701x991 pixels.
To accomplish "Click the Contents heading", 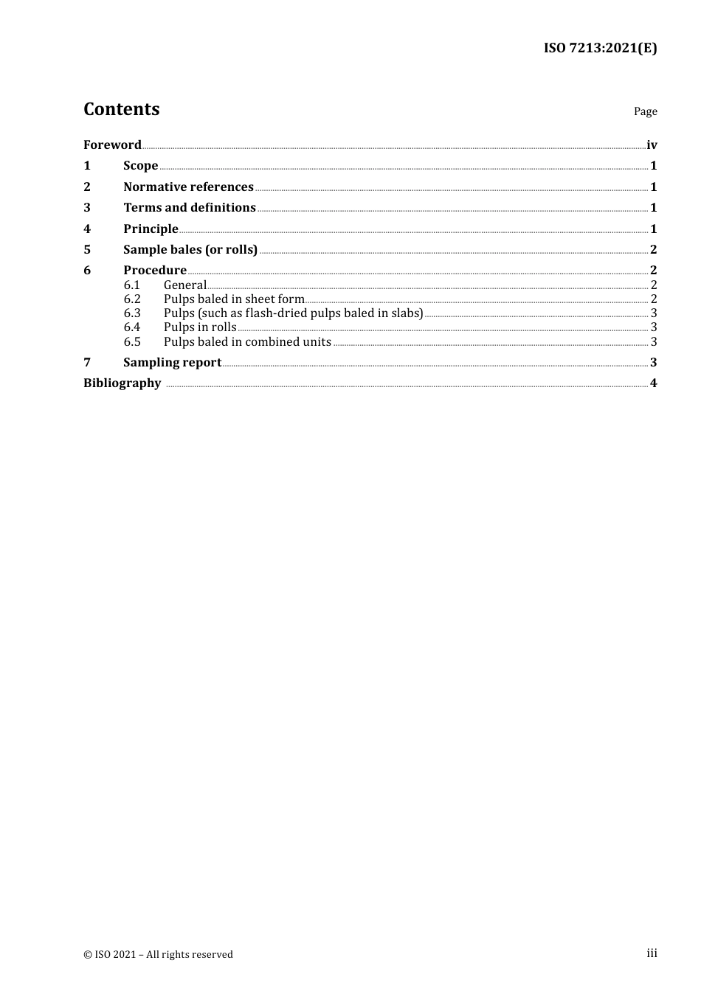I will (121, 109).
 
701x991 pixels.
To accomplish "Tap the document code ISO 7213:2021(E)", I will (600, 48).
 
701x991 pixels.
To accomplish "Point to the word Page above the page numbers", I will (645, 111).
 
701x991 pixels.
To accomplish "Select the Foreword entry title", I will (112, 145).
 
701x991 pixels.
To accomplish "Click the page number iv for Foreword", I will (652, 145).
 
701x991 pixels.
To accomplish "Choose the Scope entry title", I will (140, 166).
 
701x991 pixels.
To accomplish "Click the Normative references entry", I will (188, 187).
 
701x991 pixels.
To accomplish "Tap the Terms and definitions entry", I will (190, 208).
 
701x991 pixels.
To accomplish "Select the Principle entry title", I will (151, 229).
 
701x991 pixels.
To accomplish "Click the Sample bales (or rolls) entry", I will (190, 249).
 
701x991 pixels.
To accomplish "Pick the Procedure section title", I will (155, 270).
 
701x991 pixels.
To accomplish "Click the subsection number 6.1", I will (132, 285).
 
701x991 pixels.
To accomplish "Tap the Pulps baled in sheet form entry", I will (234, 299).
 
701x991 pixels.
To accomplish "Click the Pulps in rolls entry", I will (200, 327).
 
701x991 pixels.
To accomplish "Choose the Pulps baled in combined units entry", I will (247, 341).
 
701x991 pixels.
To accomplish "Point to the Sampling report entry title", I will (172, 362).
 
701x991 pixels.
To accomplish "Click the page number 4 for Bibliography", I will (653, 383).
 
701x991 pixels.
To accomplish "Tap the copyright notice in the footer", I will (158, 954).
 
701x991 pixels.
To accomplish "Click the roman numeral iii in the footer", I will (652, 953).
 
